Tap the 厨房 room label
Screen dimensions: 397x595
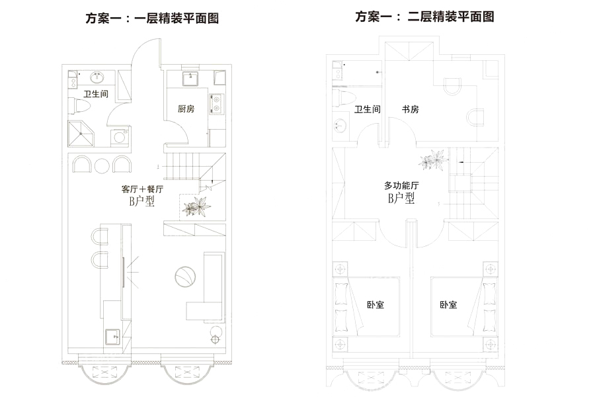point(186,109)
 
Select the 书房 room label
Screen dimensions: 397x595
point(410,109)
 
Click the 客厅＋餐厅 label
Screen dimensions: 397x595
point(142,189)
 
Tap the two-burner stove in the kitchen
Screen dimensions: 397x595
point(216,103)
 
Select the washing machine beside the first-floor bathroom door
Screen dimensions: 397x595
point(120,137)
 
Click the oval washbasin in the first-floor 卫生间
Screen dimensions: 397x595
point(93,77)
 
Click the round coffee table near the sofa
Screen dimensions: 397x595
point(185,275)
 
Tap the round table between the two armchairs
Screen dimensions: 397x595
point(102,165)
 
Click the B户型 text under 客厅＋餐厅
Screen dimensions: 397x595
point(142,202)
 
